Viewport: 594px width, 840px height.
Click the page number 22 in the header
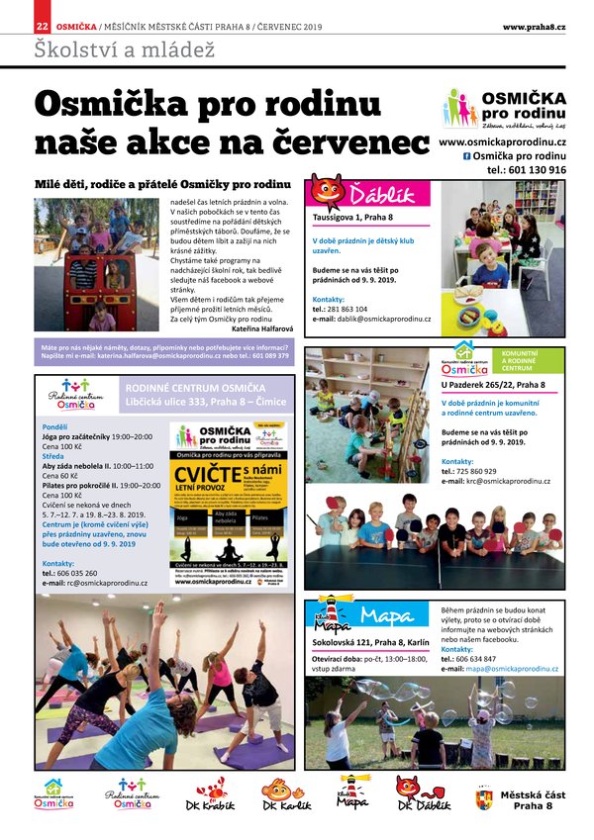42,27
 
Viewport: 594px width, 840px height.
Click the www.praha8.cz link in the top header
534,27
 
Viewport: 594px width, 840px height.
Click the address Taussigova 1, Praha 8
352,218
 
